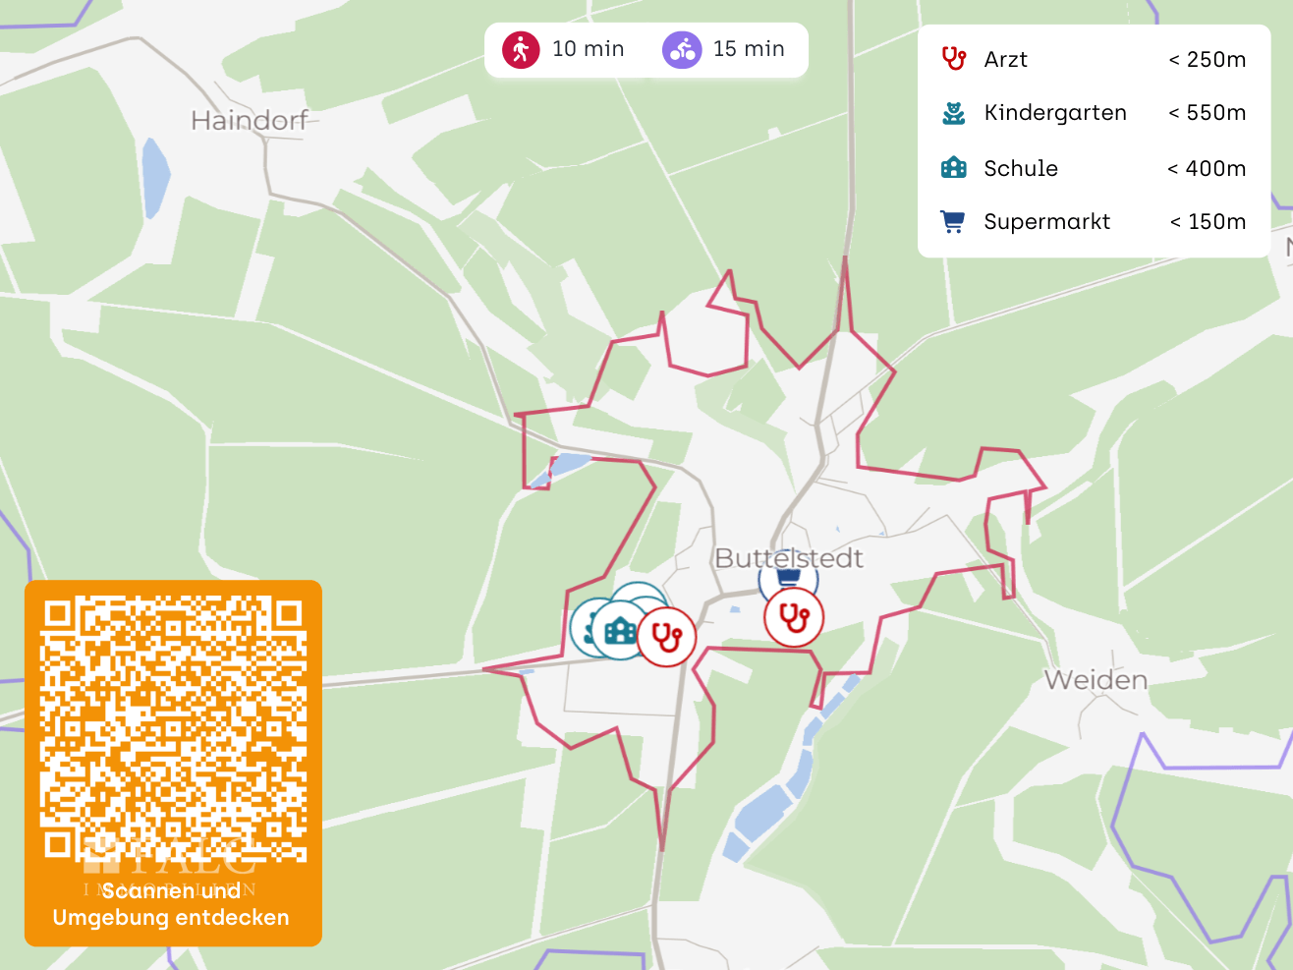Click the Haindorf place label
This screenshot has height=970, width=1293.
[x=250, y=121]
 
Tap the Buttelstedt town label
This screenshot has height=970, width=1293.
[x=789, y=558]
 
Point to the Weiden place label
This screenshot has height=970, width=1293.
[x=1096, y=680]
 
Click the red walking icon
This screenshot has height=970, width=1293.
[x=521, y=49]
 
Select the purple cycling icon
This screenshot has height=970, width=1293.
[x=681, y=49]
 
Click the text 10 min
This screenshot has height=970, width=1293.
[x=588, y=49]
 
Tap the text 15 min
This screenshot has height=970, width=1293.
[x=749, y=49]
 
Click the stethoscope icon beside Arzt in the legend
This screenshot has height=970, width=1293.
[x=953, y=59]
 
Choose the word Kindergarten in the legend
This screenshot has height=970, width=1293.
[x=1055, y=113]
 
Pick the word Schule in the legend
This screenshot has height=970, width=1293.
[x=1021, y=168]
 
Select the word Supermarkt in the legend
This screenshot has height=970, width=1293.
[x=1047, y=222]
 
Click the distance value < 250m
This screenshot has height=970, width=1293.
[x=1208, y=60]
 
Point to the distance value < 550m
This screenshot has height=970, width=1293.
[x=1208, y=113]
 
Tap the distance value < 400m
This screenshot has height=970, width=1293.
[x=1208, y=169]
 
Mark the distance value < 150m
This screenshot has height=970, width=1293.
[x=1209, y=222]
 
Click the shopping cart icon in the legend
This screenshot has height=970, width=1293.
[x=952, y=222]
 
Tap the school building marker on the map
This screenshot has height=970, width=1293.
[x=620, y=630]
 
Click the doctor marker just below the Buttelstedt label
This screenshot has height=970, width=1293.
[x=794, y=617]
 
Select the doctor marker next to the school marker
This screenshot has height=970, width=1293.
[x=667, y=637]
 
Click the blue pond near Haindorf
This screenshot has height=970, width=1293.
[x=155, y=177]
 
